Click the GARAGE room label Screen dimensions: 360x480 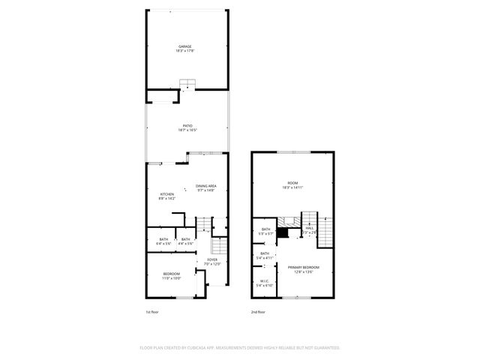pyautogui.click(x=184, y=46)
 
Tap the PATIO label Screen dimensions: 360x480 pyautogui.click(x=187, y=126)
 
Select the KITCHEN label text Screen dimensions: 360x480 pyautogui.click(x=166, y=194)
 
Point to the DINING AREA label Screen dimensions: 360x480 pyautogui.click(x=206, y=186)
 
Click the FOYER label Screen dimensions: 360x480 pyautogui.click(x=212, y=259)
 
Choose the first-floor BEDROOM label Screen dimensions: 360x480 pyautogui.click(x=172, y=274)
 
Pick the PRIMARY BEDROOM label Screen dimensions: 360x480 pyautogui.click(x=304, y=267)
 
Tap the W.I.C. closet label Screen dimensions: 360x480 pyautogui.click(x=264, y=281)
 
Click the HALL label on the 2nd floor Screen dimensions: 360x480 pyautogui.click(x=309, y=227)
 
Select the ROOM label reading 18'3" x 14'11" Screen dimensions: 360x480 pyautogui.click(x=293, y=183)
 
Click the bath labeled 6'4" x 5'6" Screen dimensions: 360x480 pyautogui.click(x=163, y=239)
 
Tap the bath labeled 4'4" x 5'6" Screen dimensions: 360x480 pyautogui.click(x=186, y=239)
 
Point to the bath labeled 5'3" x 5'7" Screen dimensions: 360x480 pyautogui.click(x=265, y=229)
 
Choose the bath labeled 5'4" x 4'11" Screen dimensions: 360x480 pyautogui.click(x=265, y=253)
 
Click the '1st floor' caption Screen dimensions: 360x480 pyautogui.click(x=152, y=311)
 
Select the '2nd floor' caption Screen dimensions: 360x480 pyautogui.click(x=258, y=311)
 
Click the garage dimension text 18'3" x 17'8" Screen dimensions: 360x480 pyautogui.click(x=184, y=51)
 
